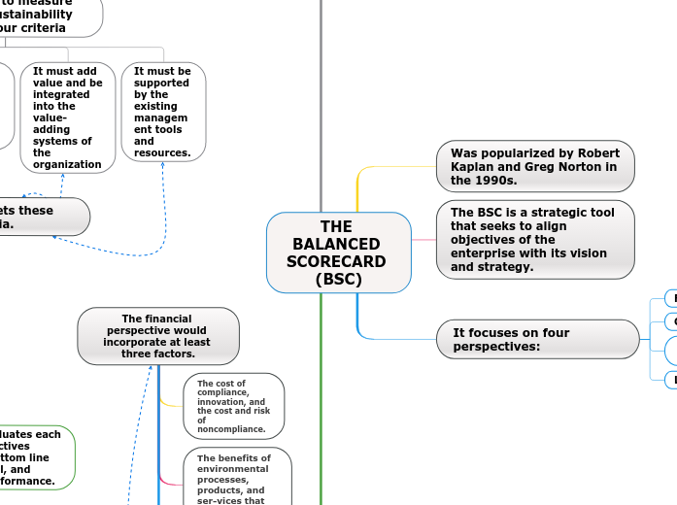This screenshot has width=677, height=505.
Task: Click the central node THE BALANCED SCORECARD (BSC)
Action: coord(337,252)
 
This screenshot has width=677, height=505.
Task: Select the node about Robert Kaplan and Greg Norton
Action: coord(535,166)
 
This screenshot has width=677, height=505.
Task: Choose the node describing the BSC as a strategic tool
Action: coord(535,239)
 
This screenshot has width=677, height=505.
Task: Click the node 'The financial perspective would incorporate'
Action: coord(157,336)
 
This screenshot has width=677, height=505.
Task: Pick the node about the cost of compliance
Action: coord(233,406)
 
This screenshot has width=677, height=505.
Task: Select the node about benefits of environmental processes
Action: coord(236,476)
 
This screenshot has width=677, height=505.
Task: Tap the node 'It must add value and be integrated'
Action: coord(67,118)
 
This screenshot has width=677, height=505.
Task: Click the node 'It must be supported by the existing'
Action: coord(163,112)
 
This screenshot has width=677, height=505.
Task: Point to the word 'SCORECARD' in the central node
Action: coord(337,261)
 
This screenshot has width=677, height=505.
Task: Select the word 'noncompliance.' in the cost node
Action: coord(231,429)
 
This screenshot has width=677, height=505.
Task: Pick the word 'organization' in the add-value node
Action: coord(67,164)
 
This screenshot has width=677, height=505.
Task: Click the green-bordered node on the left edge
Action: coord(34,456)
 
